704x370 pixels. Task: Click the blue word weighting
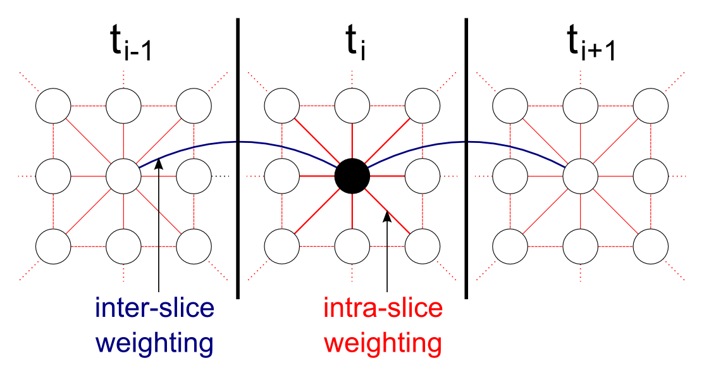tap(155, 343)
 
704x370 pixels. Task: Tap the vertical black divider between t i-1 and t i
tap(238, 158)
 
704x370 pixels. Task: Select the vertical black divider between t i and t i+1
tap(466, 158)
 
